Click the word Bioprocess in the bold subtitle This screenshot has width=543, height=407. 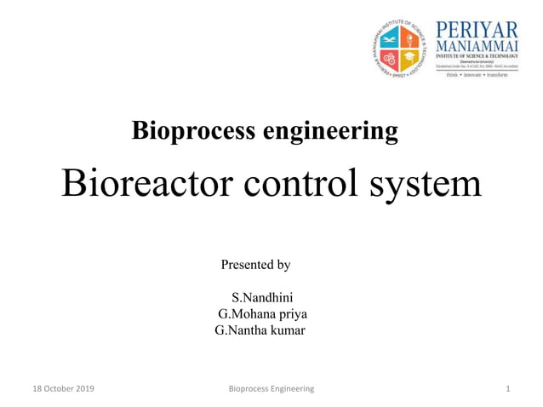[181, 132]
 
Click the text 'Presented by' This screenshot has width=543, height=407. [255, 265]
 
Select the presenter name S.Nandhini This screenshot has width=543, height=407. [262, 297]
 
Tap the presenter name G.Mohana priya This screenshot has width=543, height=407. [262, 313]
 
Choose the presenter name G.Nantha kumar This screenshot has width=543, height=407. [260, 330]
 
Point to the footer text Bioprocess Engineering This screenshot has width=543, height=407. [271, 388]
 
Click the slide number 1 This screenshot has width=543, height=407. [507, 388]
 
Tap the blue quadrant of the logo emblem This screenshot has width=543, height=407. [393, 37]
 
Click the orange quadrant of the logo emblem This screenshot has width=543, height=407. [412, 37]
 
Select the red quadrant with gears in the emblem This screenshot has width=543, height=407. [393, 57]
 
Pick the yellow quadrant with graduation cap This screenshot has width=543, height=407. [412, 57]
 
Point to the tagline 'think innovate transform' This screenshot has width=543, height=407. [472, 75]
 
